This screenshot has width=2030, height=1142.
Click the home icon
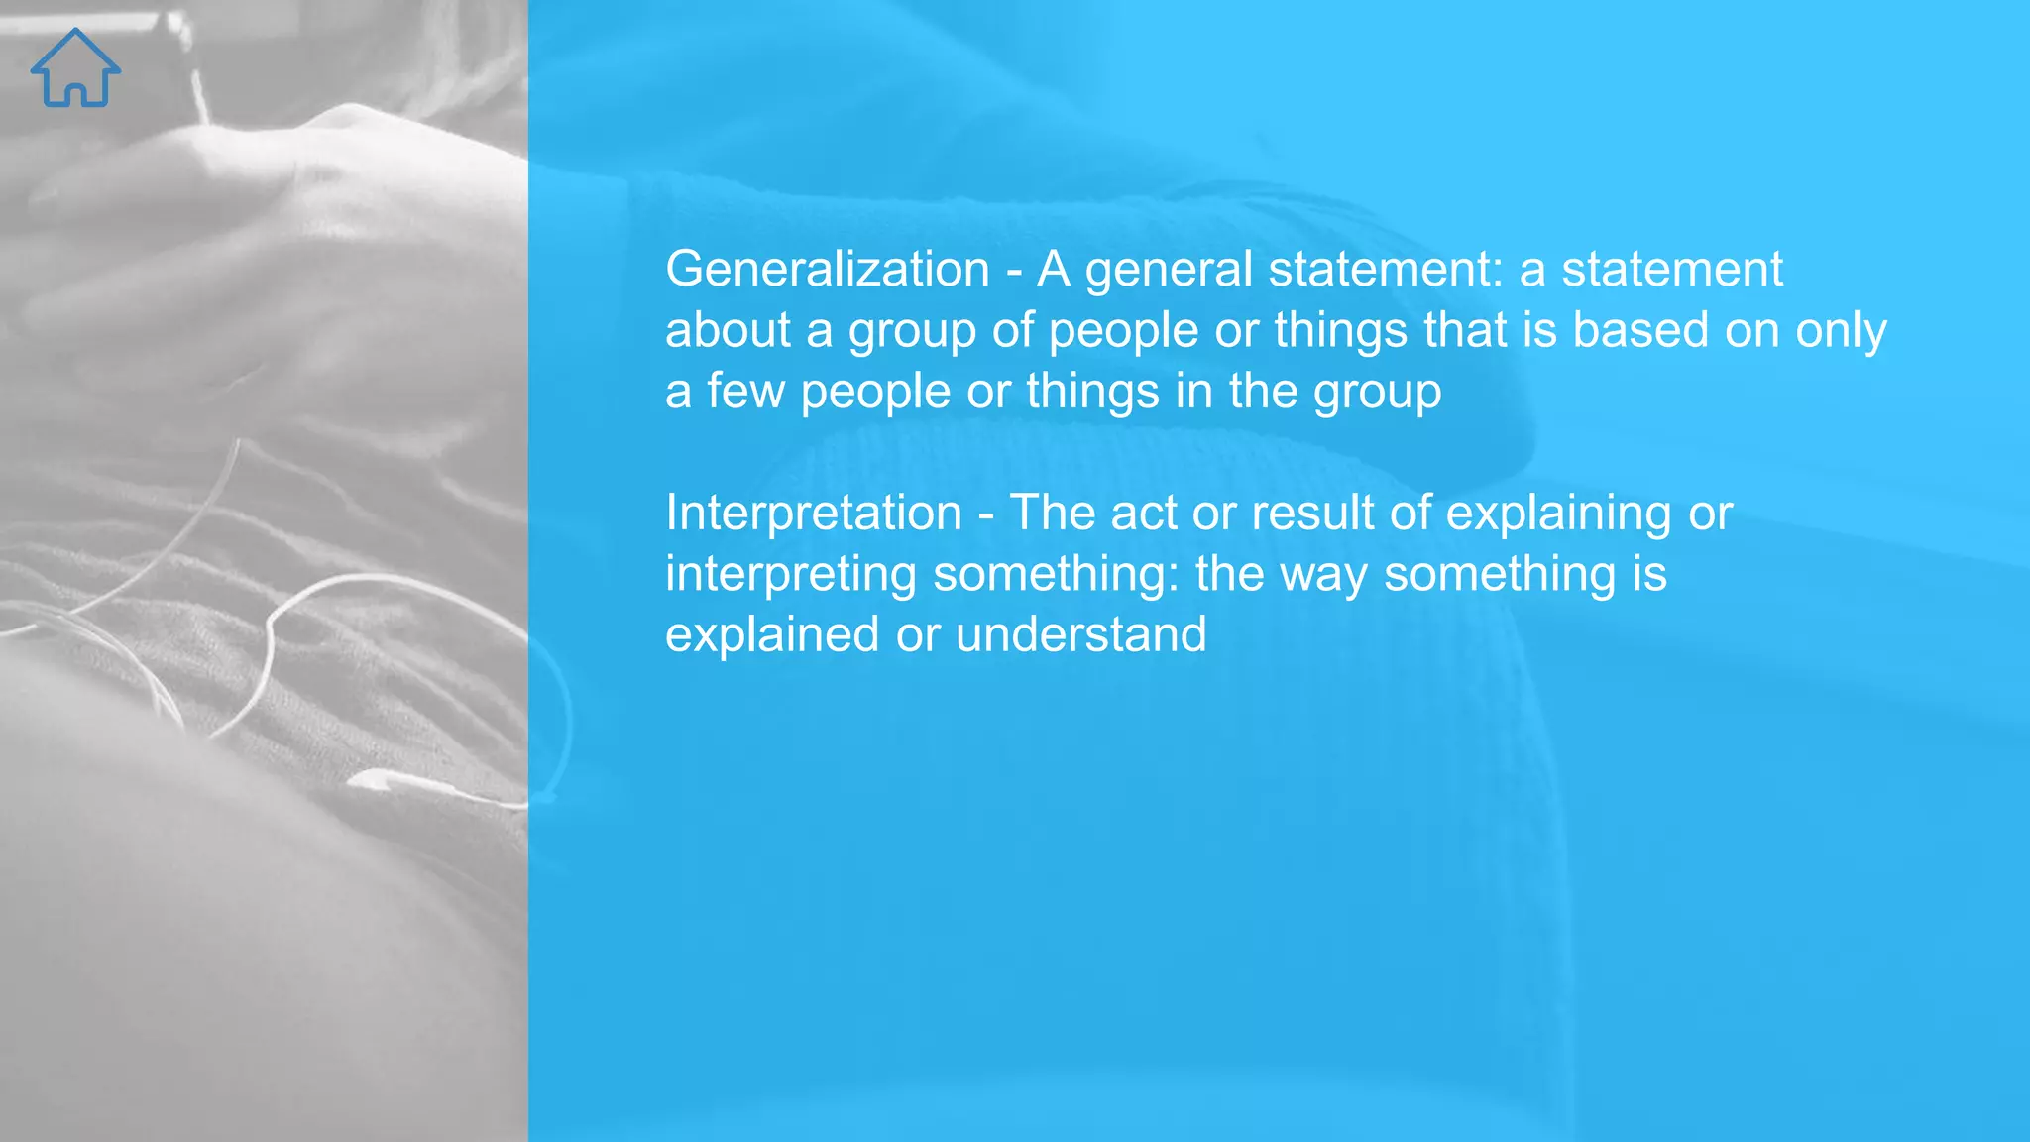tap(75, 68)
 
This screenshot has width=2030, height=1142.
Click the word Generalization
tap(827, 270)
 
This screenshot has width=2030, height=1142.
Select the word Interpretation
tap(813, 514)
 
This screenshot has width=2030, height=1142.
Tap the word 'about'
tap(727, 330)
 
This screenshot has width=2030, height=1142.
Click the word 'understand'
tap(1080, 635)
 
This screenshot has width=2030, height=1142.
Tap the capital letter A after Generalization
tap(1054, 270)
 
